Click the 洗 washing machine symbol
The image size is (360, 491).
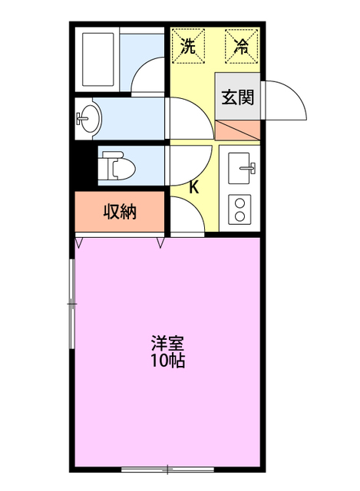188,45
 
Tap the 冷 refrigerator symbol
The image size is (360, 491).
240,45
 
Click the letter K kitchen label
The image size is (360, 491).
194,186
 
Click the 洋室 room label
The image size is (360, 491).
167,343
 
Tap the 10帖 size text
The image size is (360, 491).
167,361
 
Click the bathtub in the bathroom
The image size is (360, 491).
98,60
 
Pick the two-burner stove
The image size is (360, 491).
241,209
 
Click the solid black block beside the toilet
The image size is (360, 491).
84,165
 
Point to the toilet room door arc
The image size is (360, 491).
187,163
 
